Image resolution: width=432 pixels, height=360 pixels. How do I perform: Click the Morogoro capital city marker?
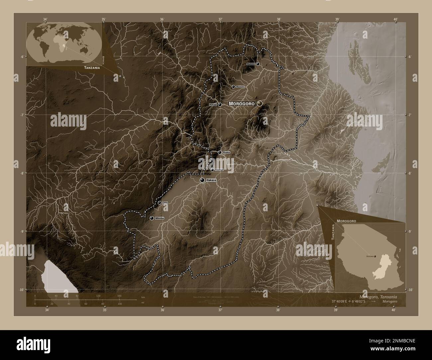260,104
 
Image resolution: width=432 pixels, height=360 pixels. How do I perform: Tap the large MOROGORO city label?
242,104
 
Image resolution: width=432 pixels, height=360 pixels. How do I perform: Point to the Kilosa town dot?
220,105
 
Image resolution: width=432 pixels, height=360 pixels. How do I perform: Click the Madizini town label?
250,64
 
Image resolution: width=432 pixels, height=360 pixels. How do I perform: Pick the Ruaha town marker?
220,152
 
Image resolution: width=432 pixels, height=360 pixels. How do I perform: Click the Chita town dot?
160,203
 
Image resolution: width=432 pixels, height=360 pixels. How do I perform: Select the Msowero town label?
240,87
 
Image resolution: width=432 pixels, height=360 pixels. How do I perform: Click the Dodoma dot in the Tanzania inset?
375,256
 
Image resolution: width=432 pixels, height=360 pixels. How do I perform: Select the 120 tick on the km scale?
98,296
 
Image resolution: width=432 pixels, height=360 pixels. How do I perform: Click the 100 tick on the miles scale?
120,304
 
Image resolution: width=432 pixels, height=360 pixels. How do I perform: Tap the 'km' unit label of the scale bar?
143,296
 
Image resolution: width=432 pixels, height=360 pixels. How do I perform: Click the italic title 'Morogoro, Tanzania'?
378,296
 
